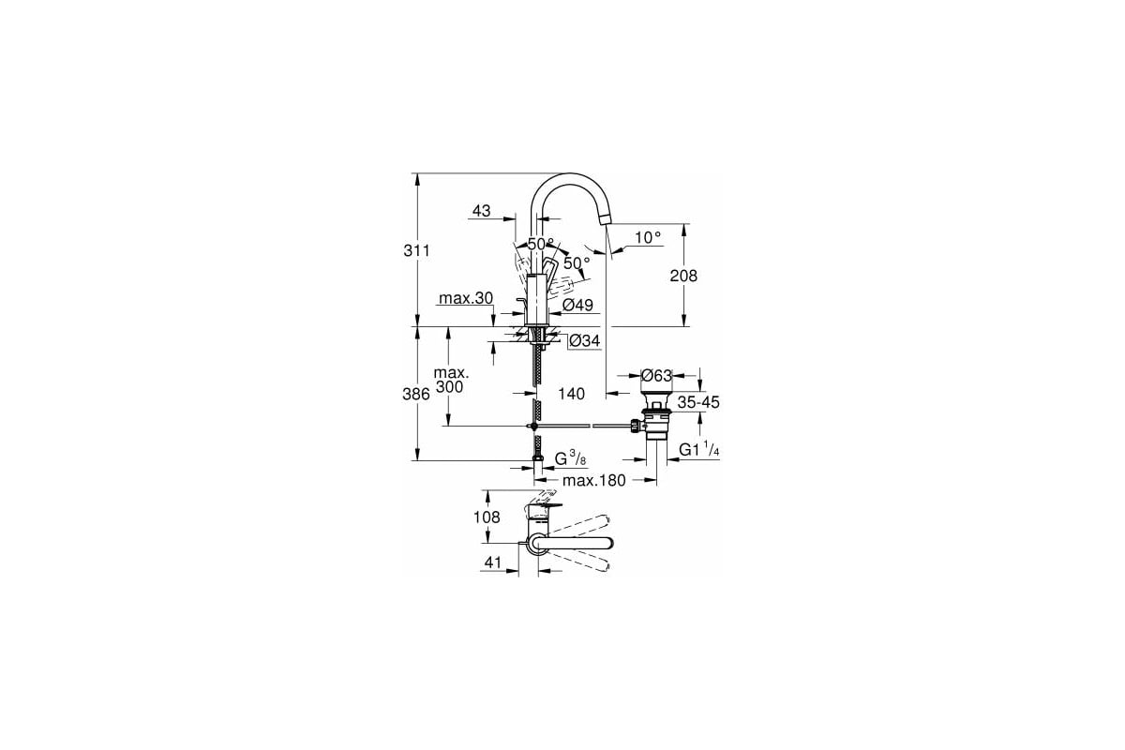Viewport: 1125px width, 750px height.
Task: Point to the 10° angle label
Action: click(647, 238)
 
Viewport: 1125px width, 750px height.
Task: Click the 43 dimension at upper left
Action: click(481, 212)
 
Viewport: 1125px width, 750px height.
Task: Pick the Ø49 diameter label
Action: click(578, 305)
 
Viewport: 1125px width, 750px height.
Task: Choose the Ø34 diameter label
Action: click(584, 341)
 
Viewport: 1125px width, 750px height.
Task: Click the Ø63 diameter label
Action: click(656, 376)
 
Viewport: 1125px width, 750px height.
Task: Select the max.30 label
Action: click(466, 299)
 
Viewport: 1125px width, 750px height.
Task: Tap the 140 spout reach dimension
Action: click(572, 395)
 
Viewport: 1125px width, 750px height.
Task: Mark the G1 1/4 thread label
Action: click(699, 450)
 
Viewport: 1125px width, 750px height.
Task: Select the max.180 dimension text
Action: click(593, 481)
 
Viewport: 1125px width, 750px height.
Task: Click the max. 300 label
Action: click(450, 380)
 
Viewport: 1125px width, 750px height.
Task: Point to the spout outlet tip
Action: click(606, 219)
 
